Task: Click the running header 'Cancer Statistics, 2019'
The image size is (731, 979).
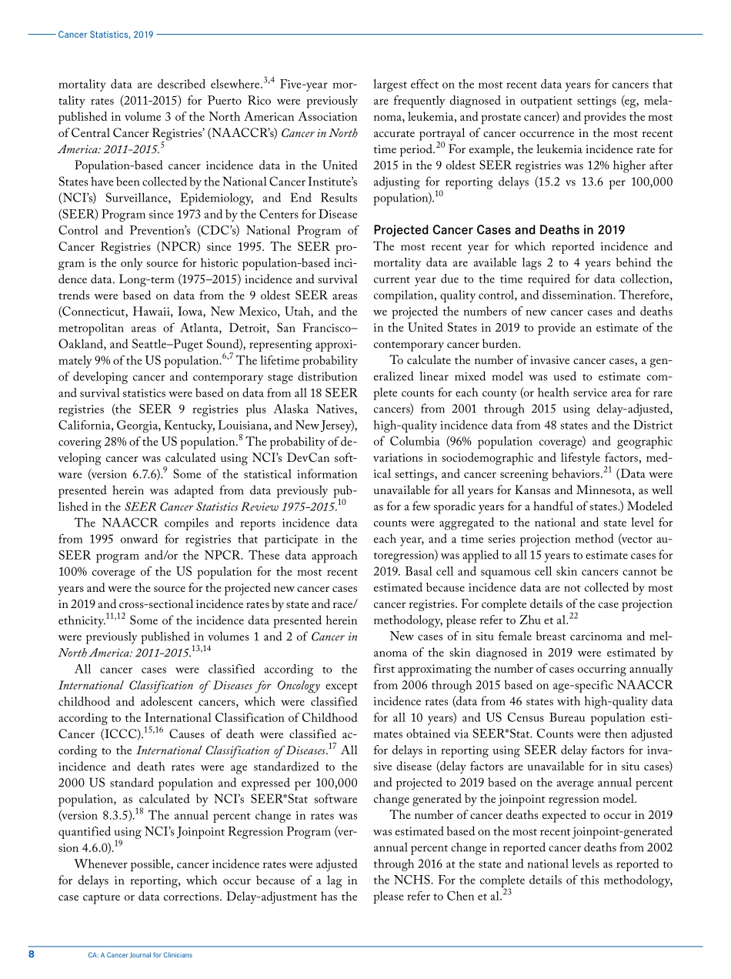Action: tap(106, 35)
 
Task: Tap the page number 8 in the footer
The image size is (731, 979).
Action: tap(31, 954)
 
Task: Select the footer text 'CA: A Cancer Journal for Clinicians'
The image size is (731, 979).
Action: tap(140, 955)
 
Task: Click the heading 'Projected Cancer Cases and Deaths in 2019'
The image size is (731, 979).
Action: tap(499, 230)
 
